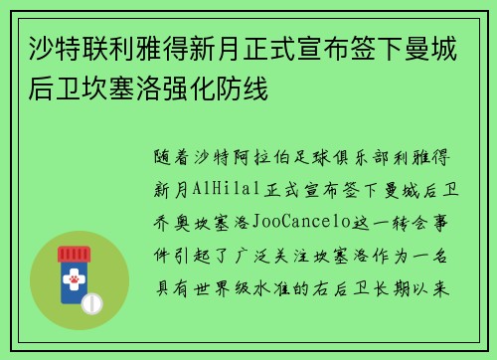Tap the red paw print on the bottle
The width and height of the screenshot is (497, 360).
(73, 282)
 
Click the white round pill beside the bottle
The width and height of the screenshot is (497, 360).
(90, 302)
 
